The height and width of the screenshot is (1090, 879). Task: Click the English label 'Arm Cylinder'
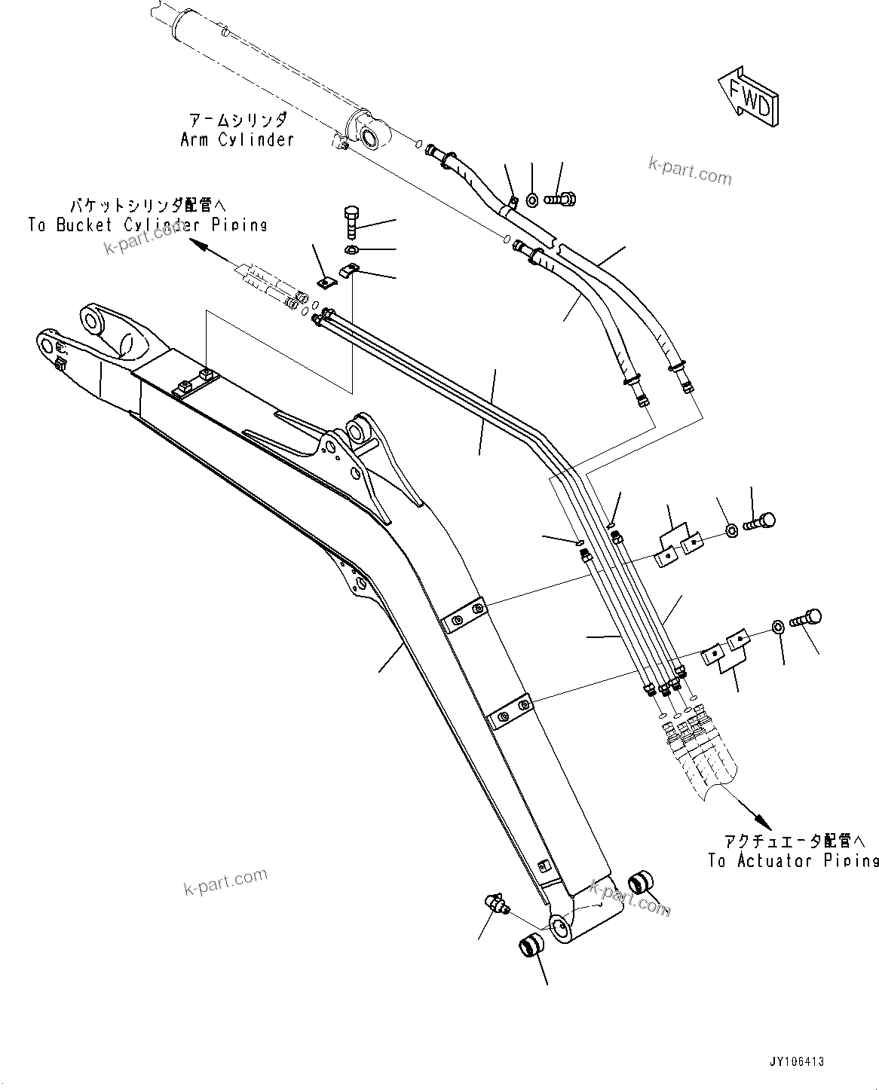tap(236, 139)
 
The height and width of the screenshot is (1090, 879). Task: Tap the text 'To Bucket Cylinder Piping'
tap(147, 224)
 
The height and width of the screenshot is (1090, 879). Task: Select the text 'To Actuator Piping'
tap(793, 860)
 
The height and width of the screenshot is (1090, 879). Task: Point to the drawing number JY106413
tap(797, 1061)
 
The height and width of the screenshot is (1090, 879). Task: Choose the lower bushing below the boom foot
tap(531, 945)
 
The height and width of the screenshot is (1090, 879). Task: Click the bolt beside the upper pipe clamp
tap(759, 521)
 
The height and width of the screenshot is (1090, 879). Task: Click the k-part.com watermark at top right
tap(691, 173)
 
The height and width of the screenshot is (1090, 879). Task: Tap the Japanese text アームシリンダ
tap(237, 120)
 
